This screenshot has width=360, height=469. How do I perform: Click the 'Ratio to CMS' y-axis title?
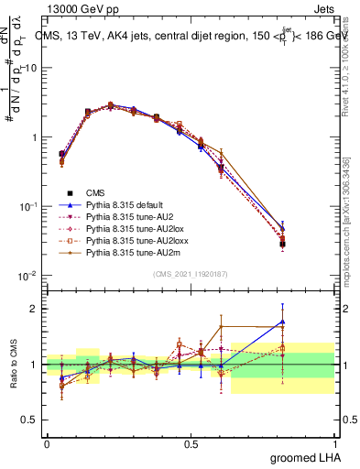[13, 365]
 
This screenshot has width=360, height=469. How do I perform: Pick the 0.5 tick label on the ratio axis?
[29, 420]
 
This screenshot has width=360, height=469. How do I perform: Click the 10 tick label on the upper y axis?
[30, 69]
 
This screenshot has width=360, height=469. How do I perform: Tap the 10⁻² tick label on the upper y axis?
[28, 276]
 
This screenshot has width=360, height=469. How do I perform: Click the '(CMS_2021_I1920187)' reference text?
[191, 274]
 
